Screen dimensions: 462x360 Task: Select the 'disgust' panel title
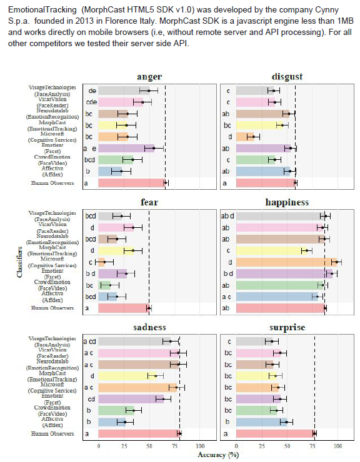click(x=287, y=77)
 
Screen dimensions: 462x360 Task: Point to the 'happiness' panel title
click(x=287, y=202)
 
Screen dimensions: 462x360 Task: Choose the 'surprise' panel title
click(x=287, y=328)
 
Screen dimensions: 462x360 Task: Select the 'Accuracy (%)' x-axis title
click(x=219, y=455)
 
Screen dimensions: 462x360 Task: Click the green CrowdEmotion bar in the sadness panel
click(x=116, y=410)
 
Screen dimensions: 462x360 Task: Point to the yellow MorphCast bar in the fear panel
click(x=116, y=250)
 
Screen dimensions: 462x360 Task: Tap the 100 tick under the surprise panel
click(x=337, y=446)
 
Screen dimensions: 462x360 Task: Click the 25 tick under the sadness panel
click(x=124, y=446)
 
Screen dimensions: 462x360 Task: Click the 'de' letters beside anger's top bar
click(x=92, y=91)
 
